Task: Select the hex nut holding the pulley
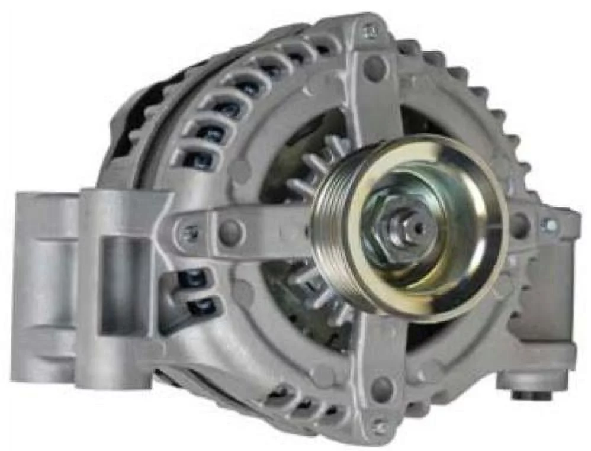(398, 231)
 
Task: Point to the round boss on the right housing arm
(519, 225)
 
